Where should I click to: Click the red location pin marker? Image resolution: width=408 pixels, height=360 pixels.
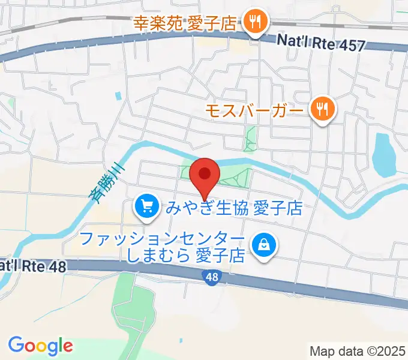(x=205, y=175)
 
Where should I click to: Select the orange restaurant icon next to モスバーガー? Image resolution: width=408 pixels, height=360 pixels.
(x=323, y=109)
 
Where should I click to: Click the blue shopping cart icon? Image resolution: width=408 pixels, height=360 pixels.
(x=147, y=208)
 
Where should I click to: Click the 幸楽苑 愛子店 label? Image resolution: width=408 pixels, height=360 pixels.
(x=186, y=25)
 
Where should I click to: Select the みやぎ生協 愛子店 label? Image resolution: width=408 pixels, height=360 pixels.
(x=234, y=208)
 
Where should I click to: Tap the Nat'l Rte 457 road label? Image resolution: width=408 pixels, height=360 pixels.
(x=321, y=42)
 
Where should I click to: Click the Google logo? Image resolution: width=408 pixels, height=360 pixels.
(x=40, y=346)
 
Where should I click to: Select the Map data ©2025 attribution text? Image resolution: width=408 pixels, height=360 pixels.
(x=358, y=351)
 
